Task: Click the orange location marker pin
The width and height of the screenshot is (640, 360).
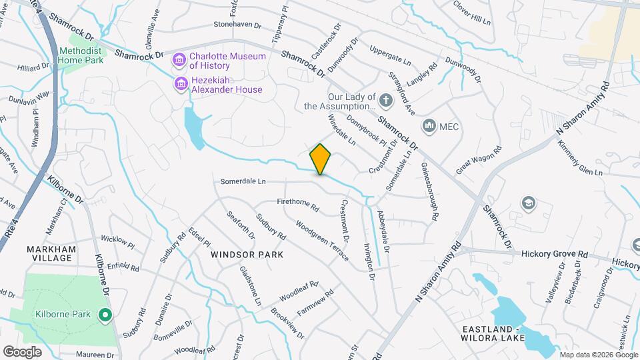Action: click(x=321, y=159)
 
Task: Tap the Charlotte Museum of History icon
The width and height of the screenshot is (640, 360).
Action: click(x=179, y=61)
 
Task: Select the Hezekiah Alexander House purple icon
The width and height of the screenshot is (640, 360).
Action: click(x=179, y=84)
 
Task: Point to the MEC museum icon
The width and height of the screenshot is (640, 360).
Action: click(x=429, y=125)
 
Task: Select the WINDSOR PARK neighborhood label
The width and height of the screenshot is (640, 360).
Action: click(x=247, y=255)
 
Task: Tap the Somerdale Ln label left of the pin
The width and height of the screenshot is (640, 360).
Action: click(x=243, y=181)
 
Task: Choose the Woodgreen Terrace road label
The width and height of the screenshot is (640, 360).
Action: click(x=322, y=241)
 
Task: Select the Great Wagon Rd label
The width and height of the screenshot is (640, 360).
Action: click(x=479, y=161)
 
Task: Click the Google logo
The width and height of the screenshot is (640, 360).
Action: click(x=22, y=351)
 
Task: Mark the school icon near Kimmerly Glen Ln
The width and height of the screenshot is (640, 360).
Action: click(x=529, y=203)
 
